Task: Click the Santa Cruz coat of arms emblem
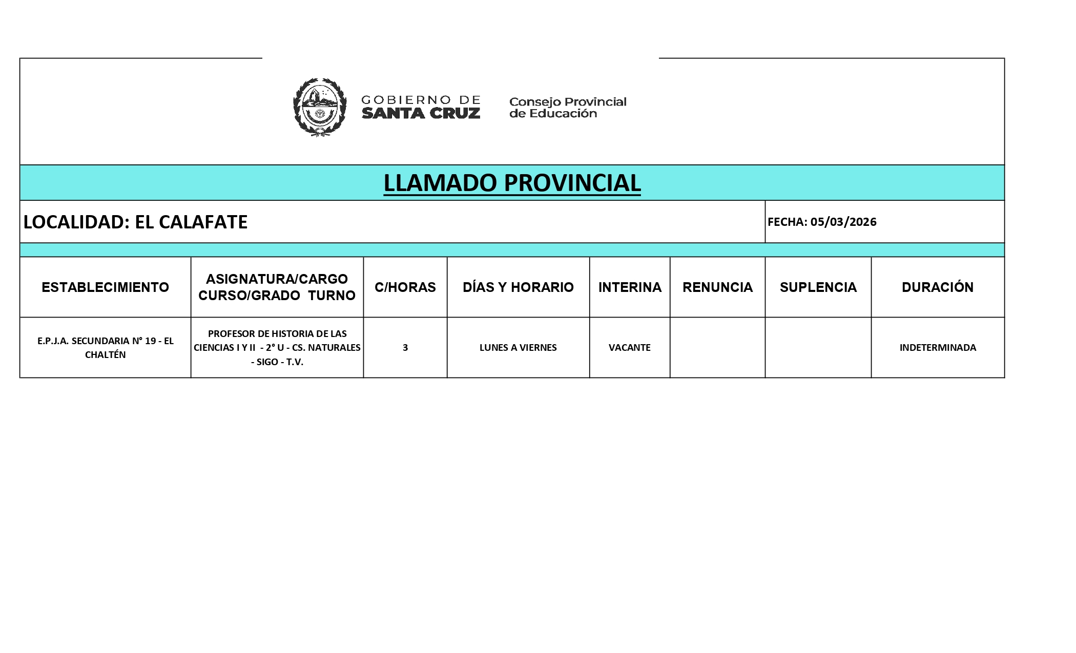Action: point(319,107)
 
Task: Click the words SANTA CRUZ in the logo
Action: point(421,113)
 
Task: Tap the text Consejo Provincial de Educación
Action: point(567,108)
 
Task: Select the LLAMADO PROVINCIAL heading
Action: point(512,183)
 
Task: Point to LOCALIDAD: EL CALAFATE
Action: point(136,222)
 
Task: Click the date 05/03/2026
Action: point(843,222)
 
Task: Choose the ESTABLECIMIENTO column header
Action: point(105,287)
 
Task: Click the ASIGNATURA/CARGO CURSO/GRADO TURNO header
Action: point(277,287)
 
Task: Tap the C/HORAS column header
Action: point(405,287)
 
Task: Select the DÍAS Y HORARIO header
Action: point(518,287)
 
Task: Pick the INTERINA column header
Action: point(630,287)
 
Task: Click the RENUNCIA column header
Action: point(717,287)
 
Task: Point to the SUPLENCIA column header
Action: point(818,287)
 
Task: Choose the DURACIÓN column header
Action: point(937,287)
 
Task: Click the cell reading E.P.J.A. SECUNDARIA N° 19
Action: point(105,348)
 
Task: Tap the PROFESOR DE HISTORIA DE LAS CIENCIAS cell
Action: point(277,348)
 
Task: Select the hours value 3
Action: point(405,348)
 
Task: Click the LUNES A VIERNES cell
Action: point(518,348)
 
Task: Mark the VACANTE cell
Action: point(629,348)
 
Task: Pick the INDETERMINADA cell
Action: point(938,348)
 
